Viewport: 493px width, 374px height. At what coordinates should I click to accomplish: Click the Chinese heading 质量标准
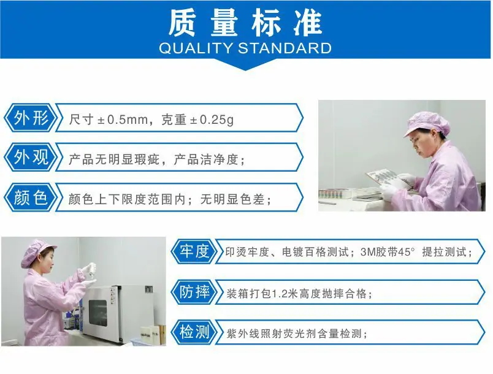[x=245, y=22]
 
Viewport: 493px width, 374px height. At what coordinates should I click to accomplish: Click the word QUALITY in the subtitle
[x=195, y=48]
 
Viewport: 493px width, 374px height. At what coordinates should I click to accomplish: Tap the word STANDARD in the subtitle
[x=285, y=48]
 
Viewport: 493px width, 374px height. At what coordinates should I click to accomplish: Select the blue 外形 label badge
[x=31, y=118]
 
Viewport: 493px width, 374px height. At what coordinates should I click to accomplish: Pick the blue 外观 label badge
[x=31, y=157]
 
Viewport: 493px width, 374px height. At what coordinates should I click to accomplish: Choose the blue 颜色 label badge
[x=31, y=197]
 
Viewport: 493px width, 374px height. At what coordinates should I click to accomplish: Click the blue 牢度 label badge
[x=194, y=251]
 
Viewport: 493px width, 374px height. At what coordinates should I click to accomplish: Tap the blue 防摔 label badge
[x=194, y=292]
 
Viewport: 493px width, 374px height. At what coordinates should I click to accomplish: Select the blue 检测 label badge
[x=194, y=332]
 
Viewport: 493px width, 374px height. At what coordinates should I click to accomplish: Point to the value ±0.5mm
[x=122, y=120]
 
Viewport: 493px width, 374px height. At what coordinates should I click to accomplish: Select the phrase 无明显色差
[x=232, y=199]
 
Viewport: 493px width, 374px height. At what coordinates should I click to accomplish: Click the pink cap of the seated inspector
[x=426, y=124]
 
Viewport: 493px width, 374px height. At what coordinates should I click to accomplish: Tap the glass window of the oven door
[x=97, y=313]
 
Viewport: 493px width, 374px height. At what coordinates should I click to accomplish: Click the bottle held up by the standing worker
[x=92, y=270]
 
